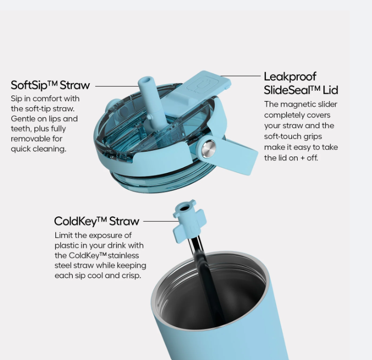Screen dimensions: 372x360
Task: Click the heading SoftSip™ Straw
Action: point(50,85)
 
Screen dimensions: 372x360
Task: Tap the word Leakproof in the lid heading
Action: point(290,77)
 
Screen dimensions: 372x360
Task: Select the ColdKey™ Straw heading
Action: point(96,221)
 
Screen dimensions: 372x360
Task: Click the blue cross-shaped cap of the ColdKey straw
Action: point(188,221)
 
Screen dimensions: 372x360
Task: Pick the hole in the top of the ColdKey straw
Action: point(183,209)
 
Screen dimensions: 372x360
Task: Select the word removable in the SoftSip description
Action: point(36,138)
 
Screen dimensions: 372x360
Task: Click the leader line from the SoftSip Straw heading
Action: point(116,86)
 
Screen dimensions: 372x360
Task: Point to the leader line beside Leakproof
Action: point(240,76)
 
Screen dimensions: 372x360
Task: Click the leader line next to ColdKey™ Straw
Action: point(161,221)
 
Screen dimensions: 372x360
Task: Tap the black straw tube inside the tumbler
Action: point(207,280)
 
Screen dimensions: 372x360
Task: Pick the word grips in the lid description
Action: point(313,136)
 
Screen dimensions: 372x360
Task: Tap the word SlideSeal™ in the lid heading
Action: point(292,90)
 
